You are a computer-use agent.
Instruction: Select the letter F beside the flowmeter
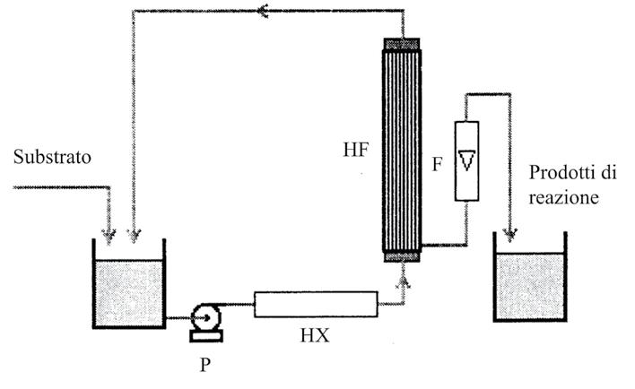coord(437,165)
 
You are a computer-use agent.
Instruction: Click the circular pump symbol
coord(202,316)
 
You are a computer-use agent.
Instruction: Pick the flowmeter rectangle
coord(468,160)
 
